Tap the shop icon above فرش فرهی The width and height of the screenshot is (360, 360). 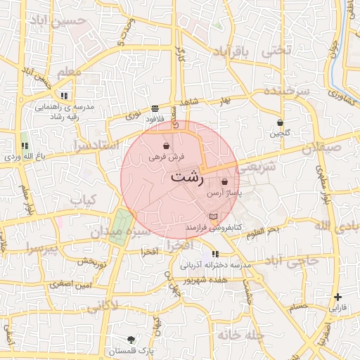(166, 146)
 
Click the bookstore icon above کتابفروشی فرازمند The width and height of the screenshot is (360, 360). (213, 217)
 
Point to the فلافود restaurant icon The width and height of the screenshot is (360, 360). (154, 108)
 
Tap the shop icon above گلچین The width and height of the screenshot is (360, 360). (280, 122)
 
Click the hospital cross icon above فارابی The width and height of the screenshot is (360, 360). (338, 297)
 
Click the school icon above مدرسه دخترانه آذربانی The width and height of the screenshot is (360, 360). (215, 254)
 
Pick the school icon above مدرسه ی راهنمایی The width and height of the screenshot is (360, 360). (64, 95)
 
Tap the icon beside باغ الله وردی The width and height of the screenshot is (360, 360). (25, 146)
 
